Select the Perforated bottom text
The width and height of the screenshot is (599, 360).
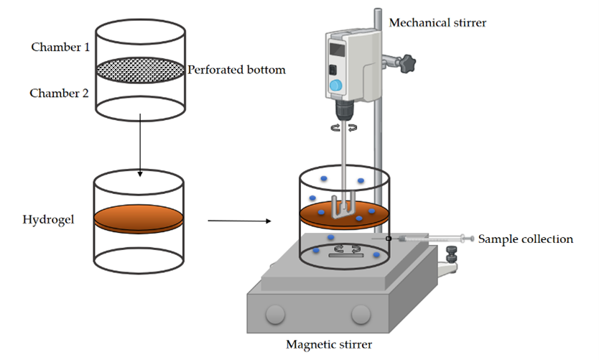(236, 70)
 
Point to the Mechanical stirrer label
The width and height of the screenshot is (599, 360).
(437, 23)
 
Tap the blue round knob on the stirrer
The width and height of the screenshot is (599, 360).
(335, 86)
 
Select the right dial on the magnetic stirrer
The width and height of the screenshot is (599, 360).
(358, 314)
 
